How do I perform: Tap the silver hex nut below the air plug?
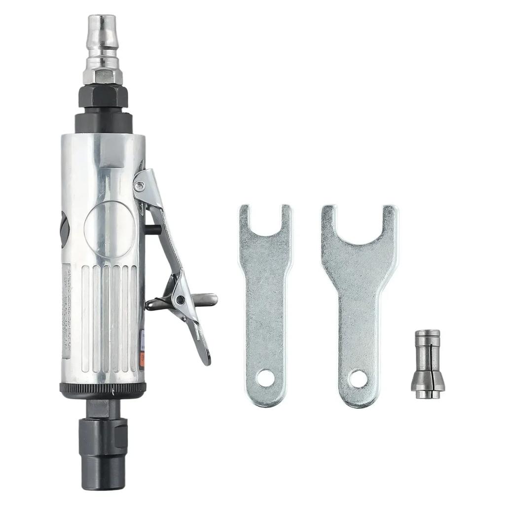point(103,75)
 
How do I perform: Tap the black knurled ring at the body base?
point(103,390)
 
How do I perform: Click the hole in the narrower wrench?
point(265,379)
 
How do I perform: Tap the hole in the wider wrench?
point(359,379)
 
